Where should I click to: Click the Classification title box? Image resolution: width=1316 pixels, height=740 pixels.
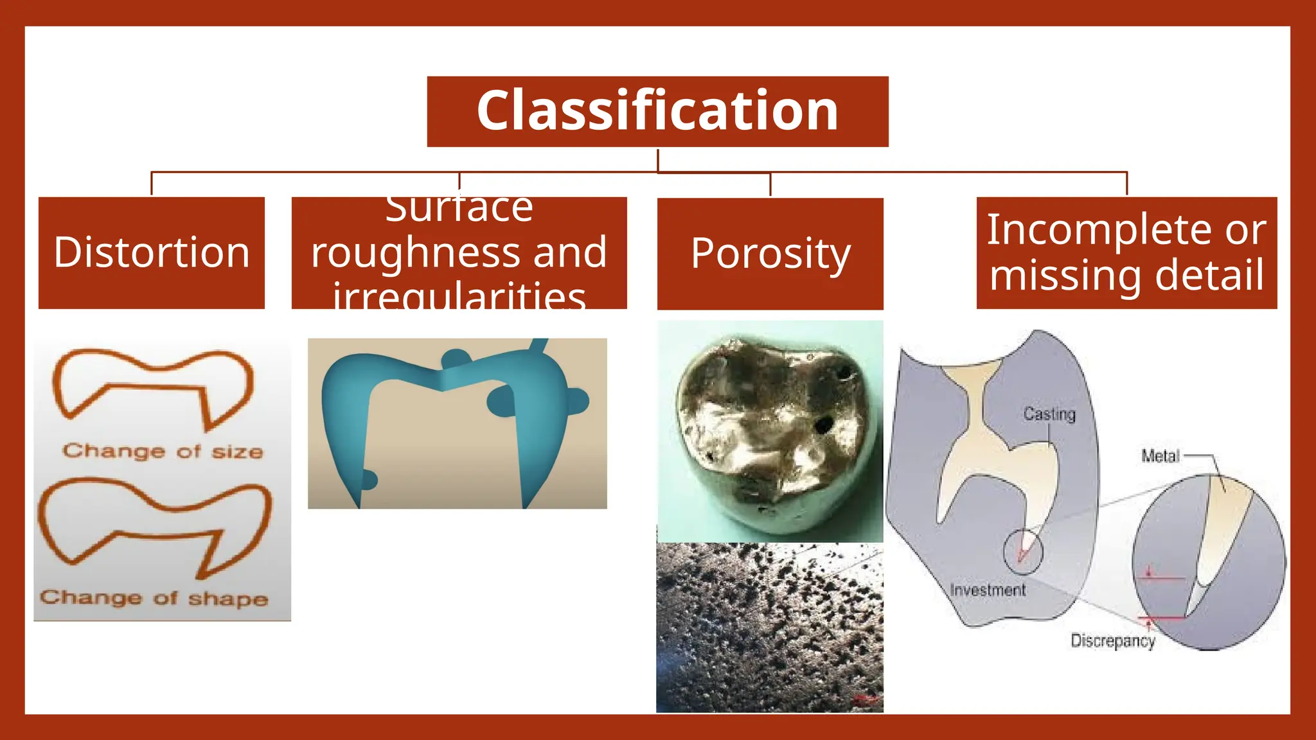pos(657,111)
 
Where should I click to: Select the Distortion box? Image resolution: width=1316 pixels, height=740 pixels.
pos(152,252)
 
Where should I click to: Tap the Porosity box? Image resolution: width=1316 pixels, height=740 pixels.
pos(770,254)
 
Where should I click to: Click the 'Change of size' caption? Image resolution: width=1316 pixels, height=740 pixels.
pos(163,451)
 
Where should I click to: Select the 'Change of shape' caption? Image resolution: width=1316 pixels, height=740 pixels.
pos(154,598)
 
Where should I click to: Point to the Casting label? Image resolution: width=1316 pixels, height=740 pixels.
pos(1049,414)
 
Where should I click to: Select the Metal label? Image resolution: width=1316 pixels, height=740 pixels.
pos(1160,456)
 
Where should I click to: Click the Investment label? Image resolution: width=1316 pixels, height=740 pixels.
pos(988,590)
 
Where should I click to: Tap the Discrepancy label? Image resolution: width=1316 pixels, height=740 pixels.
pos(1112,640)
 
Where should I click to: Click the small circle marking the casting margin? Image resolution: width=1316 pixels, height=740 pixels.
pos(1022,551)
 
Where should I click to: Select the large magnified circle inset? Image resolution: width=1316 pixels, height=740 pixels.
pos(1209,562)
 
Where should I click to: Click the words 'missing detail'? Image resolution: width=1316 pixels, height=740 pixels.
pos(1126,275)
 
